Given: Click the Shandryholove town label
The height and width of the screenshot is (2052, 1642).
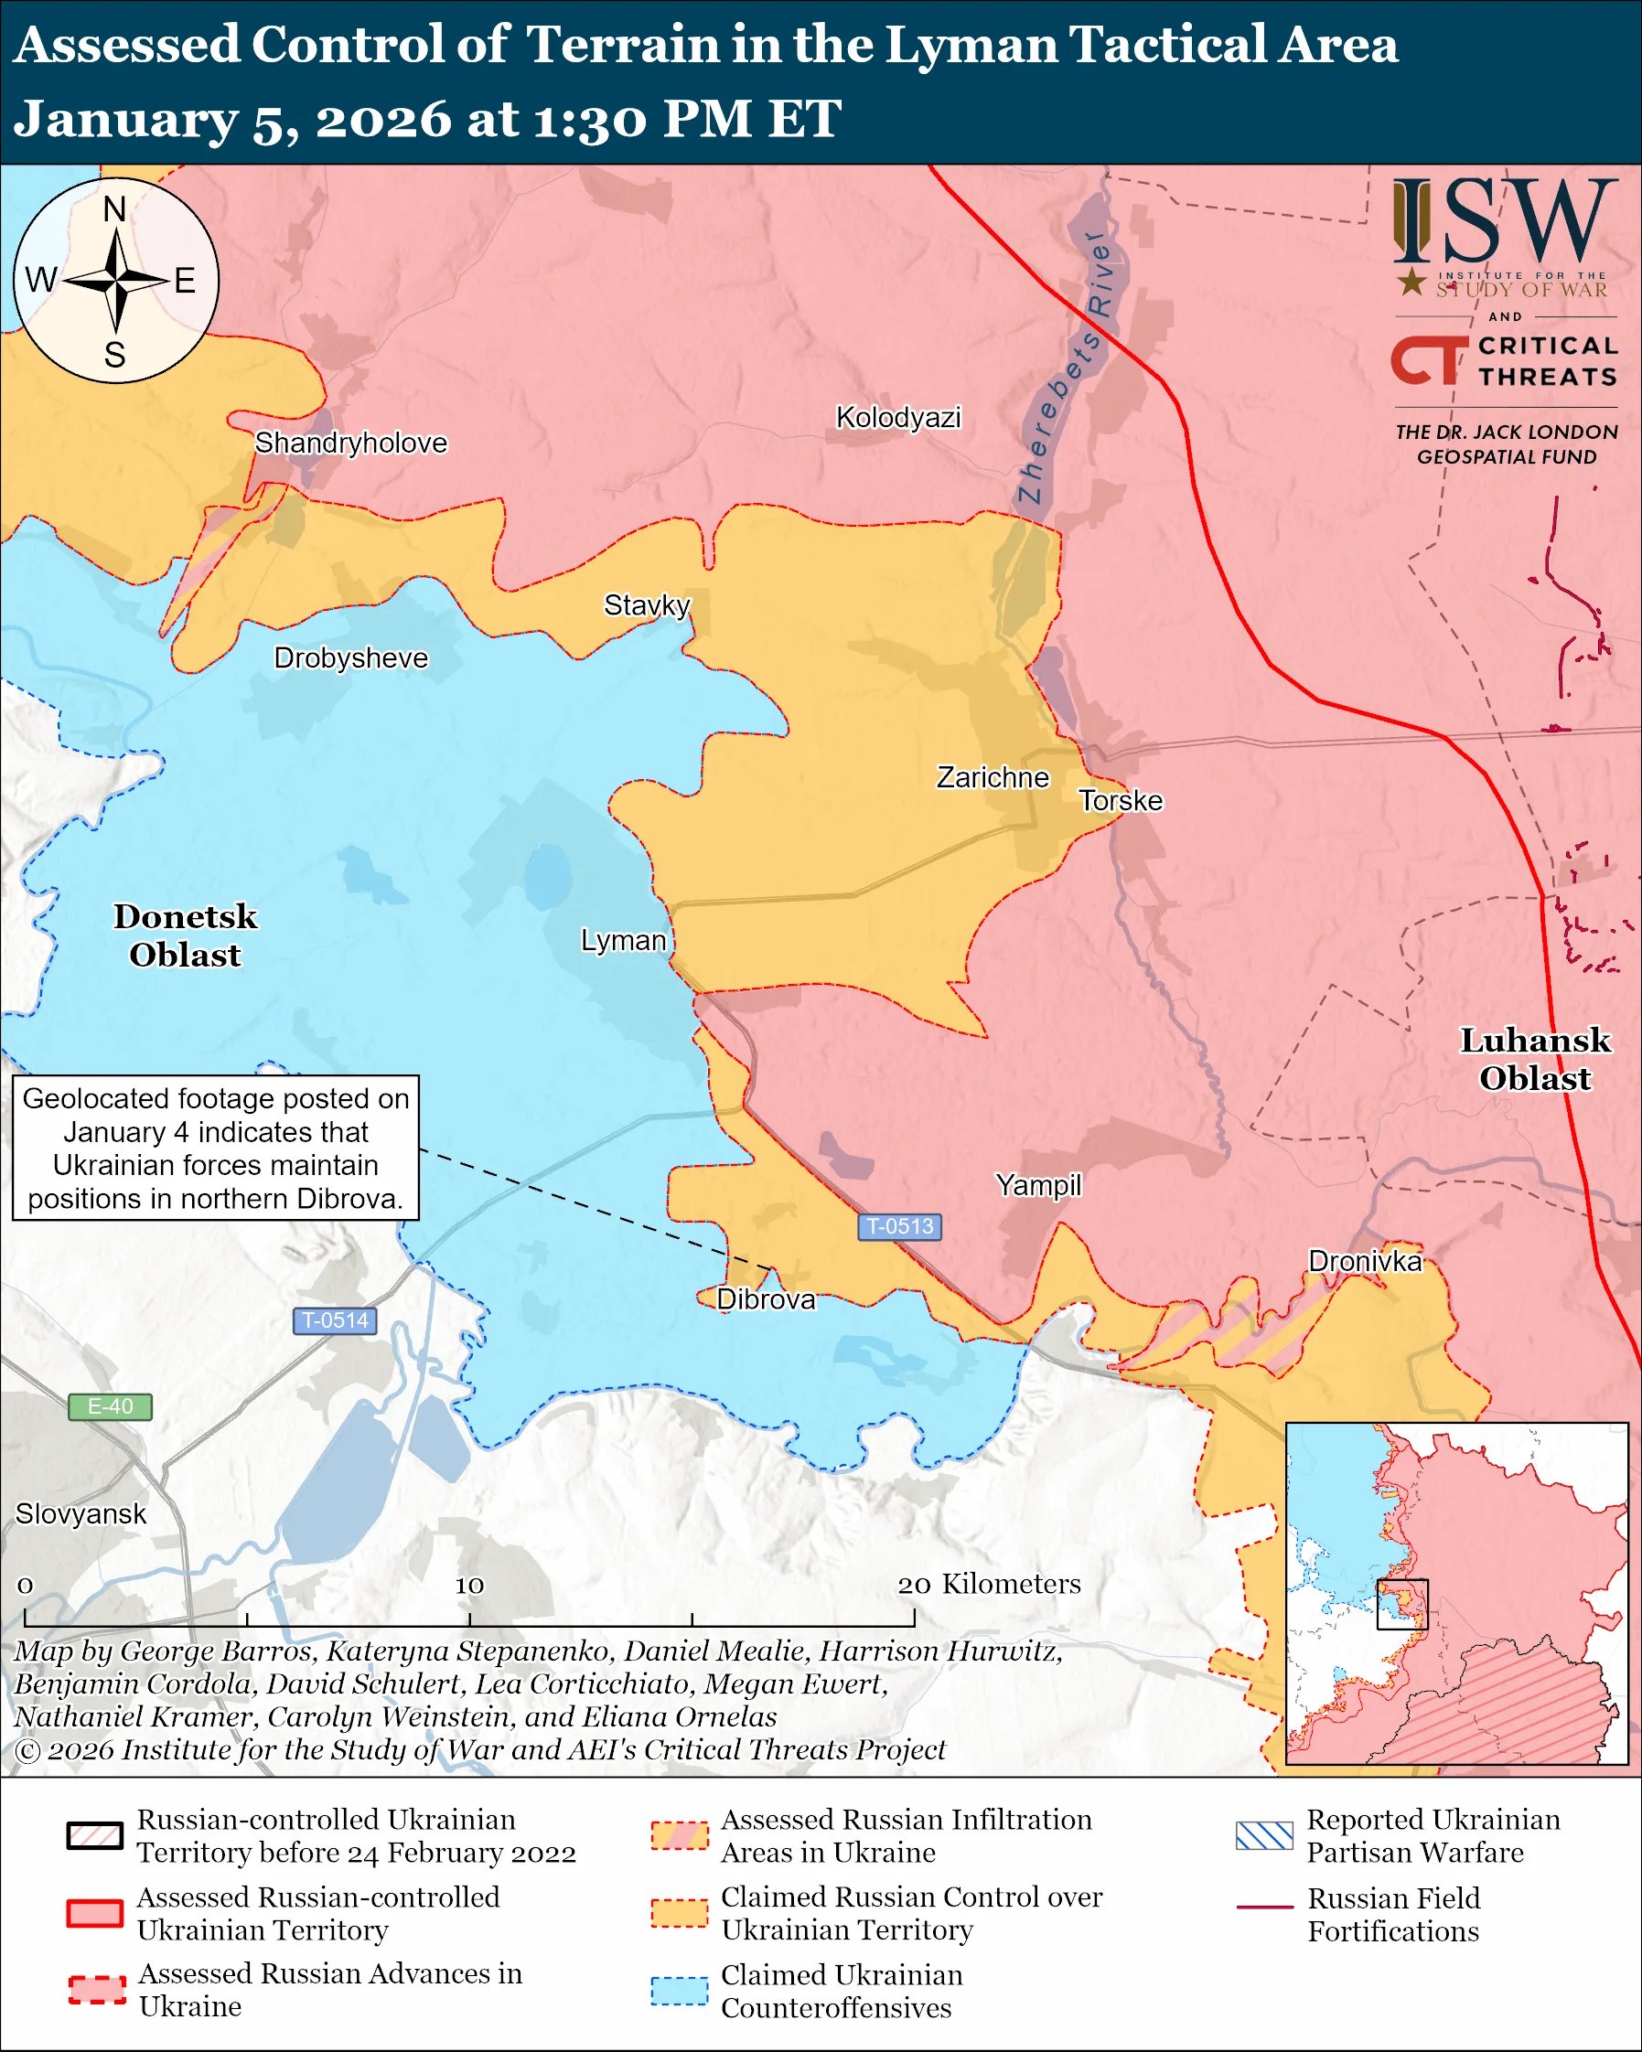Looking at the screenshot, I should point(350,443).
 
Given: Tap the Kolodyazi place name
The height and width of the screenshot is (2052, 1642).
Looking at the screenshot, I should point(897,417).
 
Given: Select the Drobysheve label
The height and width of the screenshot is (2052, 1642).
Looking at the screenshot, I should point(350,657).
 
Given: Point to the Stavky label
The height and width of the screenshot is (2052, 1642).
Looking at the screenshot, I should point(647,604).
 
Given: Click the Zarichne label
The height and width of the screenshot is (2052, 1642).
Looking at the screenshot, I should point(992,776).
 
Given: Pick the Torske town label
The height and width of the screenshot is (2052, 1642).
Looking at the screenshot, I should point(1121,799).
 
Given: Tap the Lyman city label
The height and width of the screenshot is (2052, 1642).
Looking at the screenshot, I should point(624,939).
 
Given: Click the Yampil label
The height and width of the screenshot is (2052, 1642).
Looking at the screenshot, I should point(1038,1184).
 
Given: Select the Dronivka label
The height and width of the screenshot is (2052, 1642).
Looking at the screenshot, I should point(1364,1260).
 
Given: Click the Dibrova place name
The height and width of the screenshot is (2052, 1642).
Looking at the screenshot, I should point(766,1299).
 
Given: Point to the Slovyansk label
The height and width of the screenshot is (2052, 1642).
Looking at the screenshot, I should point(80,1512).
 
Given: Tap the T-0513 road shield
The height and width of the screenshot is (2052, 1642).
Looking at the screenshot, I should point(899,1226).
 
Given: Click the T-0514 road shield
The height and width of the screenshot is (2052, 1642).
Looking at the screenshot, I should point(334,1320).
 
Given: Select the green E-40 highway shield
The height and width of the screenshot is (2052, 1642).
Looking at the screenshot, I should point(110,1405).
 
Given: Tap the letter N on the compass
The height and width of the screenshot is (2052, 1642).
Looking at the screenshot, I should point(114,208).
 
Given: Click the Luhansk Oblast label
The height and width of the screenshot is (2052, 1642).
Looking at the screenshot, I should point(1534,1058).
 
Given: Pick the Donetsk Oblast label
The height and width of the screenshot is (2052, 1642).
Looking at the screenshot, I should point(186,935).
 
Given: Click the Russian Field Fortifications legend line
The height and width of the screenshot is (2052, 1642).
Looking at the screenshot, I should point(1264,1907).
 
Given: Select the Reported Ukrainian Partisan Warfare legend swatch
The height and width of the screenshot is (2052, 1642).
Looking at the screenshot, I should point(1264,1834).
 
